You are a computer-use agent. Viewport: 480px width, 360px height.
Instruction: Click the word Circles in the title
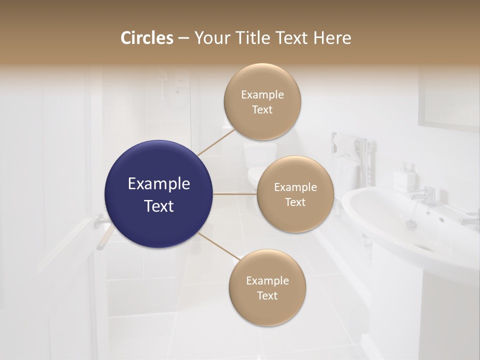click(147, 38)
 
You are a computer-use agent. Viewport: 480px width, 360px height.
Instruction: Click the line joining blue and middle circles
click(235, 194)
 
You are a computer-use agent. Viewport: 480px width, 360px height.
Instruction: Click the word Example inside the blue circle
click(159, 184)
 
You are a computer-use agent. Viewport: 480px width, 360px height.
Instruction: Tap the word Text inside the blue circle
click(159, 206)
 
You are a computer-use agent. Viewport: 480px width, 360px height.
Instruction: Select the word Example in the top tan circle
click(262, 95)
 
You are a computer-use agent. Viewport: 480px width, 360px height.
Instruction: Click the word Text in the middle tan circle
click(295, 202)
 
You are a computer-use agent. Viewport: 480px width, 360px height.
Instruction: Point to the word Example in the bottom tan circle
click(267, 281)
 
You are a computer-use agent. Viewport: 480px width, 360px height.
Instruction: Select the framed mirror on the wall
click(448, 100)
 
